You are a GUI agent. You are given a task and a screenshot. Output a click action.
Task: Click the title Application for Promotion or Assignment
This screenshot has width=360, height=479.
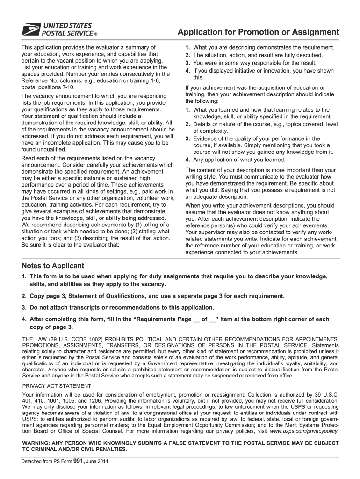[x=258, y=32]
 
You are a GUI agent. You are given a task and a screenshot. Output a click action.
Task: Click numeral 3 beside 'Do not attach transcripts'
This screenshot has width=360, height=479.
[x=23, y=307]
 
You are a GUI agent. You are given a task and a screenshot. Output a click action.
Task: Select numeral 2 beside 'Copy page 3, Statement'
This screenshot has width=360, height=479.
[x=23, y=296]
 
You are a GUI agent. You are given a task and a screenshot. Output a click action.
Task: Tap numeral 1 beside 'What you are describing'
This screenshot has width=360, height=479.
[x=187, y=48]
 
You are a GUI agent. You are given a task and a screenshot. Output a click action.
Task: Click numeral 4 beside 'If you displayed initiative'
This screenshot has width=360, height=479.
[x=187, y=71]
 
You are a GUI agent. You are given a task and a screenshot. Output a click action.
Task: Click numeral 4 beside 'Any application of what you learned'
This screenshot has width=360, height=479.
[x=187, y=160]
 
